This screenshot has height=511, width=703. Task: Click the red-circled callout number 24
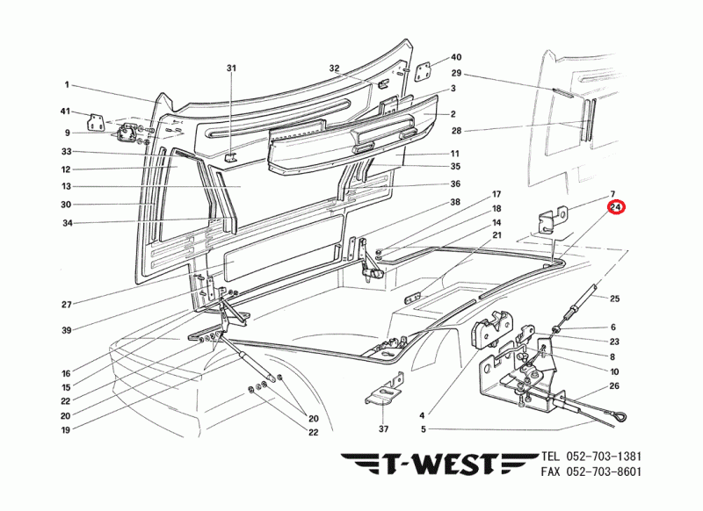tap(615, 208)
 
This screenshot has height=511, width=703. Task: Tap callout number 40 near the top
tap(455, 56)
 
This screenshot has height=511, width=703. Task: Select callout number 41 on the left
tap(65, 112)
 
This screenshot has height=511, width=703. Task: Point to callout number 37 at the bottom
tap(382, 429)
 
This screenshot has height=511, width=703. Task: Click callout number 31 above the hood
tap(231, 68)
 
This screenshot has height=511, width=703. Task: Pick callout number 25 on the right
tap(614, 299)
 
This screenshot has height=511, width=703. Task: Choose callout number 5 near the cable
tap(422, 429)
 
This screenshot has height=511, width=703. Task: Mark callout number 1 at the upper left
tap(66, 85)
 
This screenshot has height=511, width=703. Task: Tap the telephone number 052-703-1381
tap(604, 457)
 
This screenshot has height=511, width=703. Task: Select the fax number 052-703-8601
tap(604, 471)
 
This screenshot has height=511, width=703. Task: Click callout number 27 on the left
tap(66, 305)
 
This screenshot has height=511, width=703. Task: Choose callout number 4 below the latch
tap(422, 414)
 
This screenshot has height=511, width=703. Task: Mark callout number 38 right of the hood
tap(456, 202)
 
